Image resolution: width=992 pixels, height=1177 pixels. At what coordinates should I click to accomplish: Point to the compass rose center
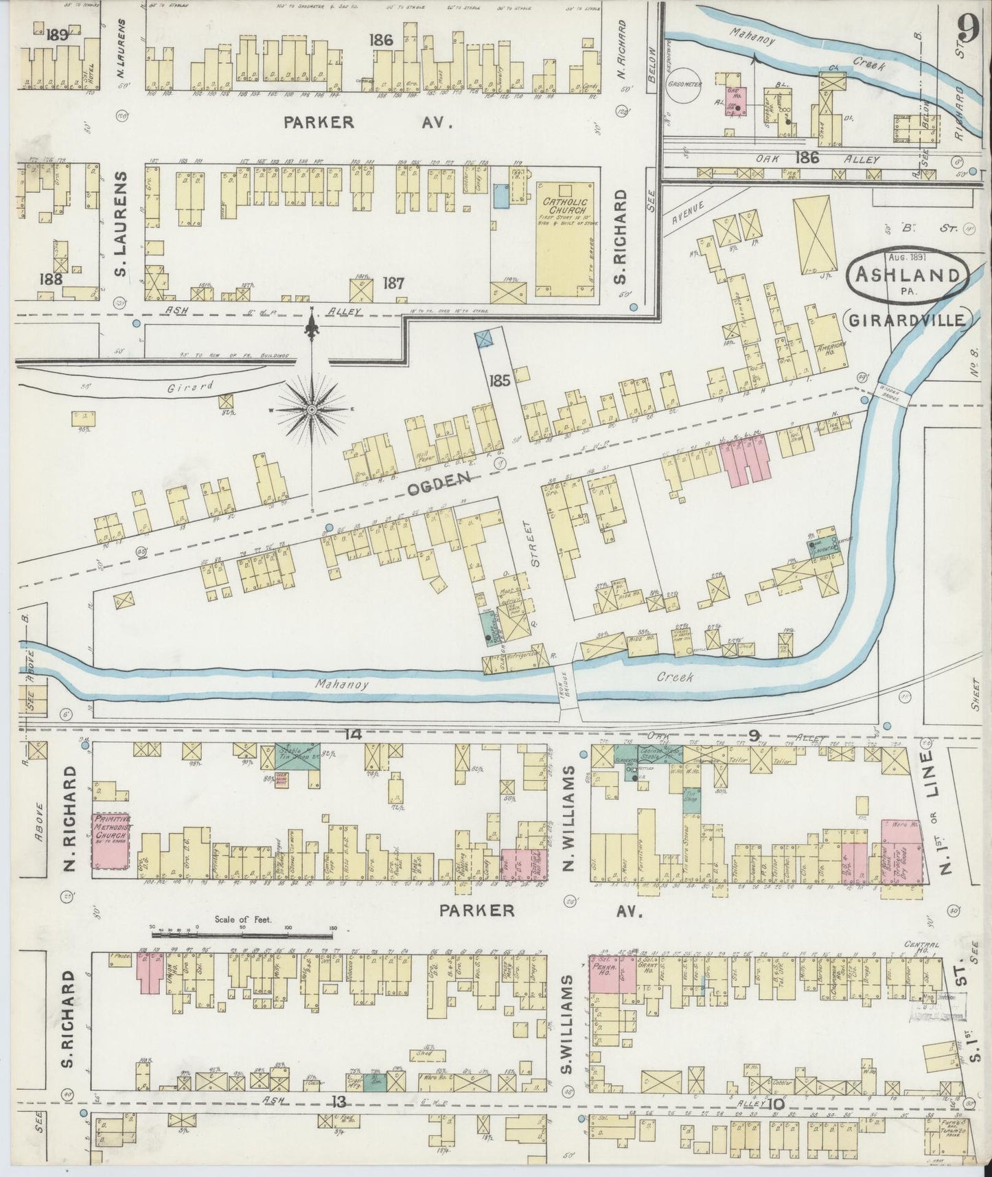tap(312, 409)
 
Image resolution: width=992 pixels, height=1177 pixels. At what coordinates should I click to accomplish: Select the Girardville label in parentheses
tap(909, 320)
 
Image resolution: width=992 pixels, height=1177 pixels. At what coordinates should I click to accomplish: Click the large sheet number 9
tap(969, 30)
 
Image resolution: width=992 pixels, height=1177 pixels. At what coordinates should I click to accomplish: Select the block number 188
tap(51, 280)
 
